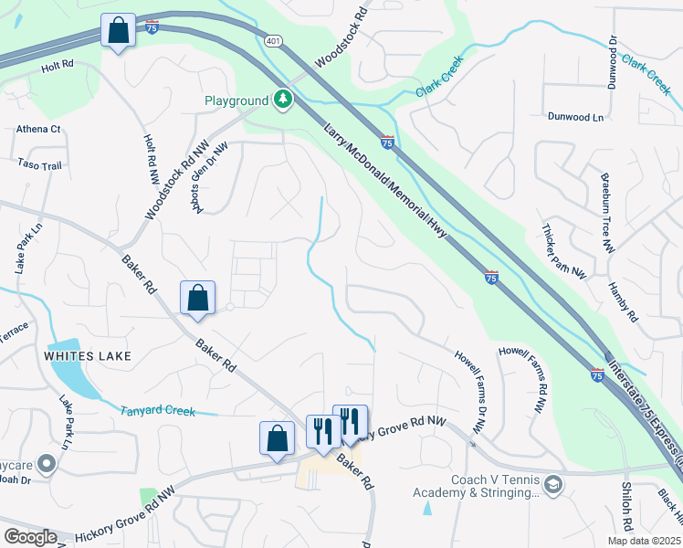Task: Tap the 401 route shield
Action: (x=273, y=41)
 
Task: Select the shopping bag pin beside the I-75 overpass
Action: (x=119, y=32)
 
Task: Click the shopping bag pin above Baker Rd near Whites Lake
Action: (x=197, y=299)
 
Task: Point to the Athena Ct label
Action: (x=37, y=130)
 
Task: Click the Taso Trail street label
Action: (x=39, y=165)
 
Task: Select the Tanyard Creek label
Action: (x=158, y=411)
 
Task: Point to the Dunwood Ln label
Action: (x=575, y=117)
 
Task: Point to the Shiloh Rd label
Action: (x=627, y=508)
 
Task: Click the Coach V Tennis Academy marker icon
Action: (x=552, y=483)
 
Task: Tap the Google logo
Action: (x=30, y=537)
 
